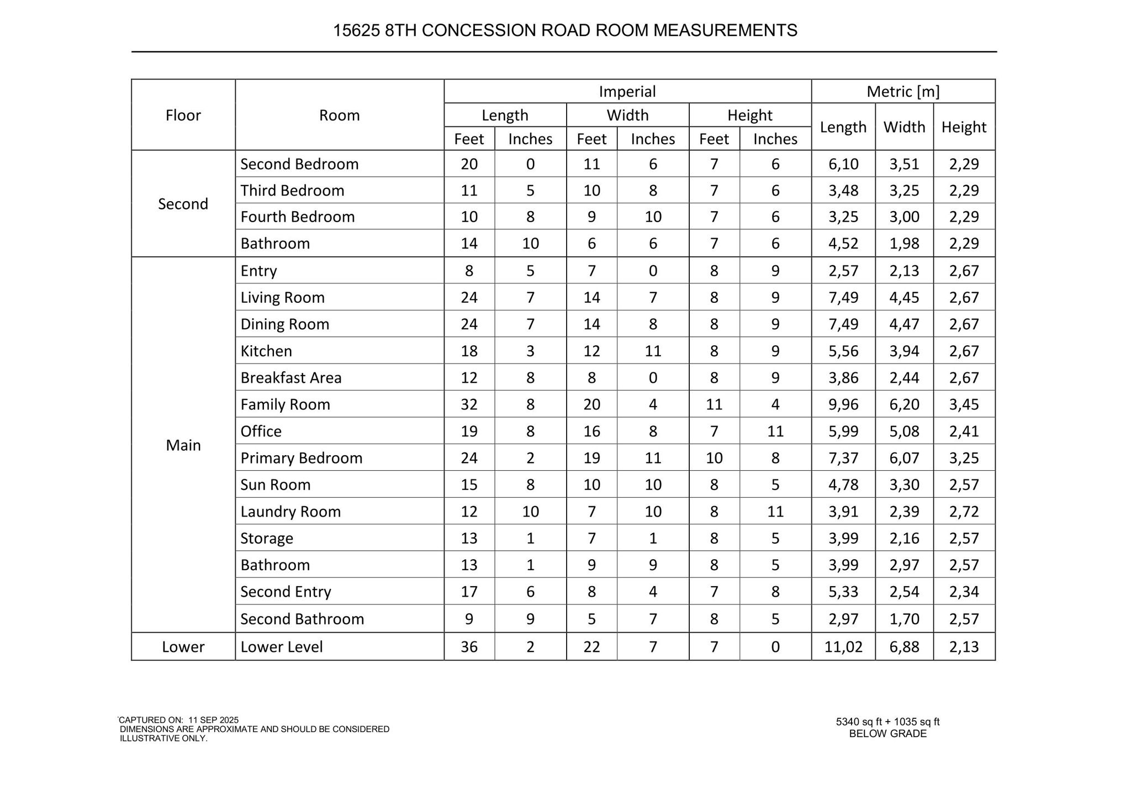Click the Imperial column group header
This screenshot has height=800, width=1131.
pyautogui.click(x=627, y=91)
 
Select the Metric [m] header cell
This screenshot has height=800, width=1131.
pyautogui.click(x=903, y=91)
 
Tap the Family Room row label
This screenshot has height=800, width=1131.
pyautogui.click(x=285, y=404)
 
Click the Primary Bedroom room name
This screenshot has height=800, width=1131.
pyautogui.click(x=301, y=458)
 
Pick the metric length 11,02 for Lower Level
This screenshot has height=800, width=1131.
pyautogui.click(x=843, y=646)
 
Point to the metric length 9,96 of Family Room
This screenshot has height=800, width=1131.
pyautogui.click(x=843, y=404)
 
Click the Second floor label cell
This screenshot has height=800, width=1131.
pyautogui.click(x=183, y=204)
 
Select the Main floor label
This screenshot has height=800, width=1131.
pyautogui.click(x=183, y=445)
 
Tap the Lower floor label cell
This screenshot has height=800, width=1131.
pyautogui.click(x=183, y=646)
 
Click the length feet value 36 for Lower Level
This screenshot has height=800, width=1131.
pyautogui.click(x=469, y=646)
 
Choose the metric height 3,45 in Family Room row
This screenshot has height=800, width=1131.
pyautogui.click(x=964, y=404)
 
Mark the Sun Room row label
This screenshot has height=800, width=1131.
pyautogui.click(x=275, y=485)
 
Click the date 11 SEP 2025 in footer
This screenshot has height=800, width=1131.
pyautogui.click(x=213, y=720)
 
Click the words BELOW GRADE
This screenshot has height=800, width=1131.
pyautogui.click(x=887, y=734)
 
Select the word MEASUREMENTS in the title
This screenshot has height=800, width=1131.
pyautogui.click(x=725, y=30)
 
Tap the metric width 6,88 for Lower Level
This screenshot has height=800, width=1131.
pyautogui.click(x=904, y=646)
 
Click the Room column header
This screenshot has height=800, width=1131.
pyautogui.click(x=339, y=115)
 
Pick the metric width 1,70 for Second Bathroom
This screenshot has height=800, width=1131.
pyautogui.click(x=904, y=619)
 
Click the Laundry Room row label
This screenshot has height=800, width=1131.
pyautogui.click(x=290, y=512)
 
